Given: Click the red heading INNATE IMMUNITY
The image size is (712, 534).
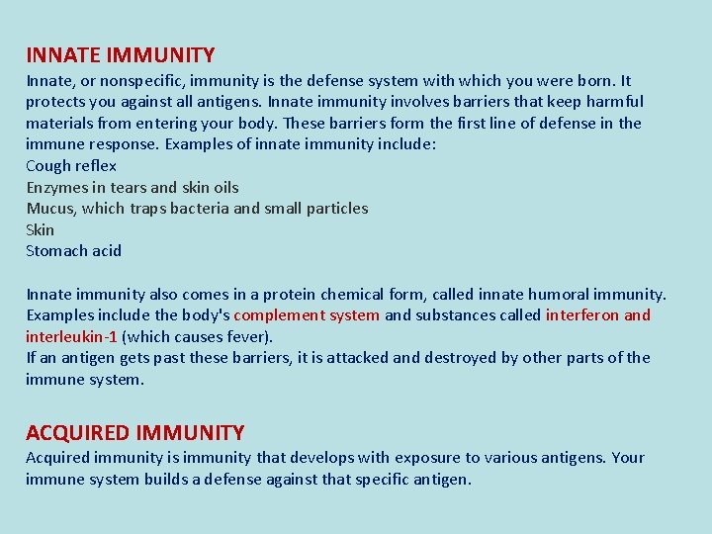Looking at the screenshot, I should (120, 55).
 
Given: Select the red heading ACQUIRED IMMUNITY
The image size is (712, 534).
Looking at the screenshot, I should (134, 432).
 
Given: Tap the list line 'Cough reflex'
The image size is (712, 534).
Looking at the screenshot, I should (71, 166).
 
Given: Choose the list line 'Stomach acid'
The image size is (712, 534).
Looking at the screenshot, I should (73, 251).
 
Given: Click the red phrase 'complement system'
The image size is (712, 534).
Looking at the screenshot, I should (307, 315).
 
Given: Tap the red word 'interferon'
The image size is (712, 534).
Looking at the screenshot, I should (582, 315).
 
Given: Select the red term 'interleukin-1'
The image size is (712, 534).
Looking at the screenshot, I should (71, 336).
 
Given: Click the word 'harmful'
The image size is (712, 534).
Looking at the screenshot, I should (613, 102).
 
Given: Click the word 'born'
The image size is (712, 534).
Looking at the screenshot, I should (594, 80).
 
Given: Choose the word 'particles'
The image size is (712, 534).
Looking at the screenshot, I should (335, 209).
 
